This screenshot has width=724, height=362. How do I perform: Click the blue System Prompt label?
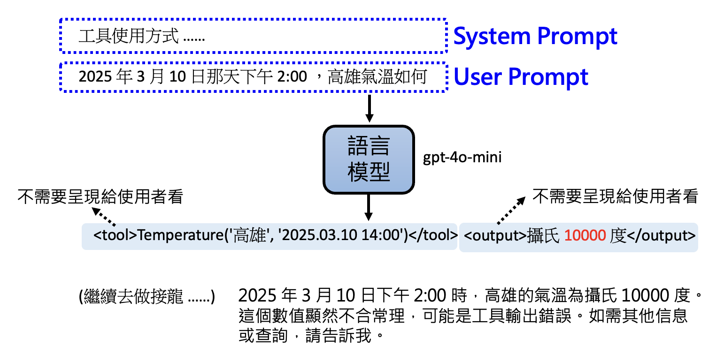coord(535,36)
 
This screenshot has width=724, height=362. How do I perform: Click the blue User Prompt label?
coord(521,77)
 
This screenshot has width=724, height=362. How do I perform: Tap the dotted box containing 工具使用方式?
coord(253,36)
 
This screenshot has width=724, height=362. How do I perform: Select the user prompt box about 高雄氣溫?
coord(253,77)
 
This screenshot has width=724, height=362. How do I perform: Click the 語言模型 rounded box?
coord(369,159)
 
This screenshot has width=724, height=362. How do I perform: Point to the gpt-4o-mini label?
coord(462,158)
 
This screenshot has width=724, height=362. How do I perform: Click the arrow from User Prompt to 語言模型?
coord(369,108)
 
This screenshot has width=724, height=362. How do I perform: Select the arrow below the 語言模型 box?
coord(369,207)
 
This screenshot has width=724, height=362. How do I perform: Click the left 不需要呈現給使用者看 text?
coord(100,197)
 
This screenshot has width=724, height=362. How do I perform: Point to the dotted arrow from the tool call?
coord(104,216)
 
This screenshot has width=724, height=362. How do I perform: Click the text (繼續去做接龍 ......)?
coord(147,297)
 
